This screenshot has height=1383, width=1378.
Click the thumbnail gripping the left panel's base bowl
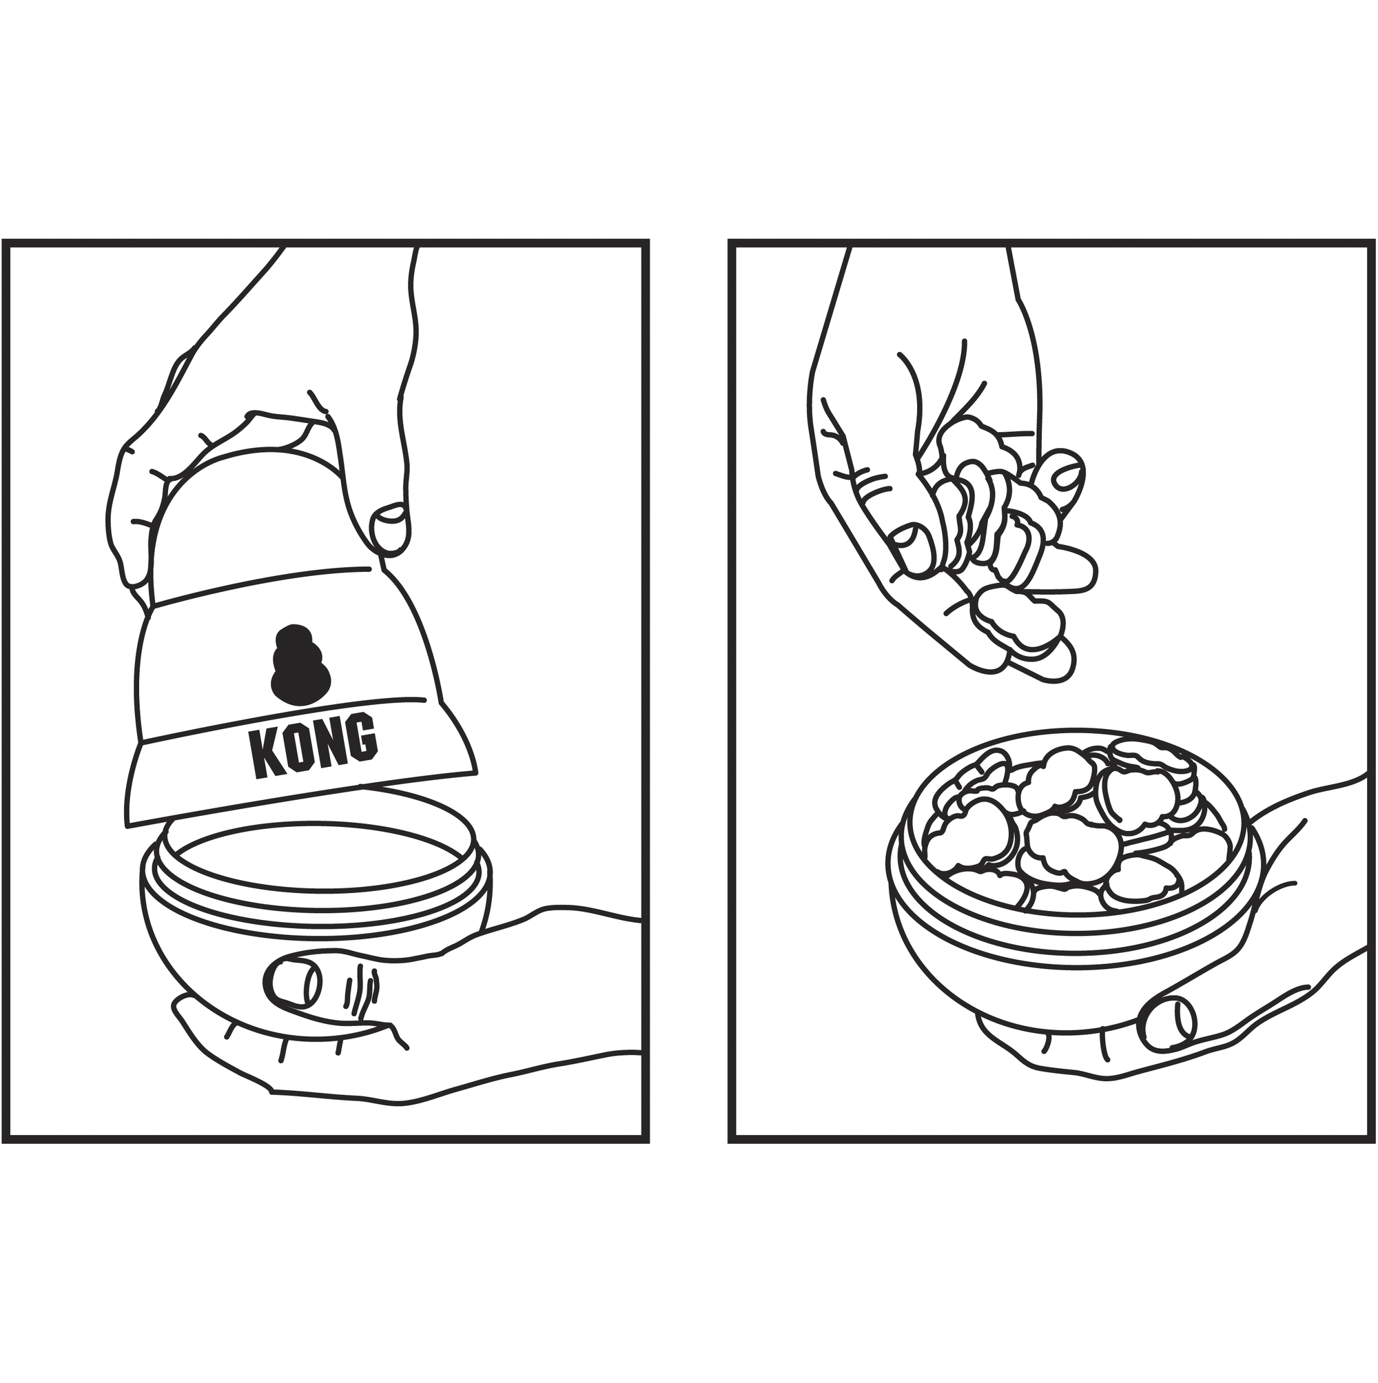292,981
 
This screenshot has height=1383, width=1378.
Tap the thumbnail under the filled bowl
1171,1024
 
